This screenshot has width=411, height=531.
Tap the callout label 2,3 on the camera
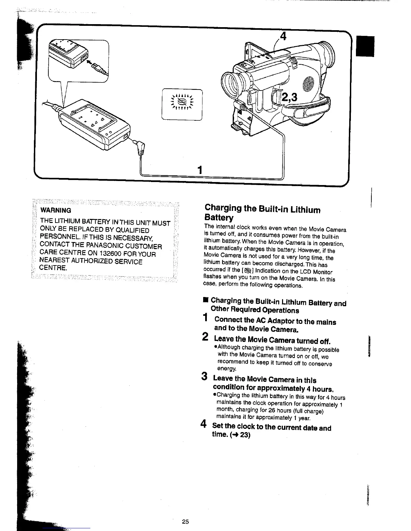290,98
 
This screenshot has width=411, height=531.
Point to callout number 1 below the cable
199,170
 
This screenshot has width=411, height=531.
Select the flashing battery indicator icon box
182,104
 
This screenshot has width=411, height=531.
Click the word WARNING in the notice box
56,211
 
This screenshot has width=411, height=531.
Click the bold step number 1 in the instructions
205,317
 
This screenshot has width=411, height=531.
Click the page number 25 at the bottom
185,522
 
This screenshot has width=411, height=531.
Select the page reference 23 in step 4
245,435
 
